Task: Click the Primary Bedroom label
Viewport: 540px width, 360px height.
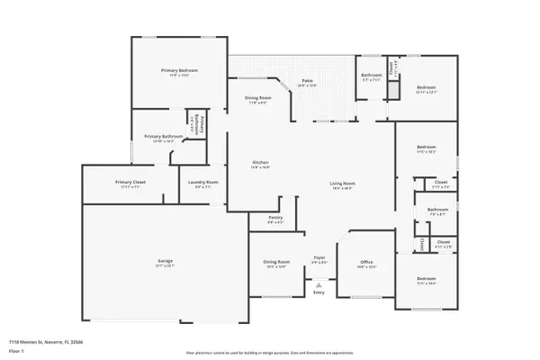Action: pyautogui.click(x=179, y=71)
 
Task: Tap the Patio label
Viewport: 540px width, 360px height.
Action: pyautogui.click(x=307, y=82)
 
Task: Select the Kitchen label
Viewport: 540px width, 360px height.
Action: pyautogui.click(x=260, y=163)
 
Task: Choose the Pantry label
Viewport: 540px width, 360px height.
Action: pyautogui.click(x=276, y=219)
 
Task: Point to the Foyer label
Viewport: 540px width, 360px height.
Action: pyautogui.click(x=319, y=258)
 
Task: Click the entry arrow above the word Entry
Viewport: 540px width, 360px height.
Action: pyautogui.click(x=318, y=283)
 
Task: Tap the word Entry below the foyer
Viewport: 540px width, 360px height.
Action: pyautogui.click(x=318, y=292)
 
